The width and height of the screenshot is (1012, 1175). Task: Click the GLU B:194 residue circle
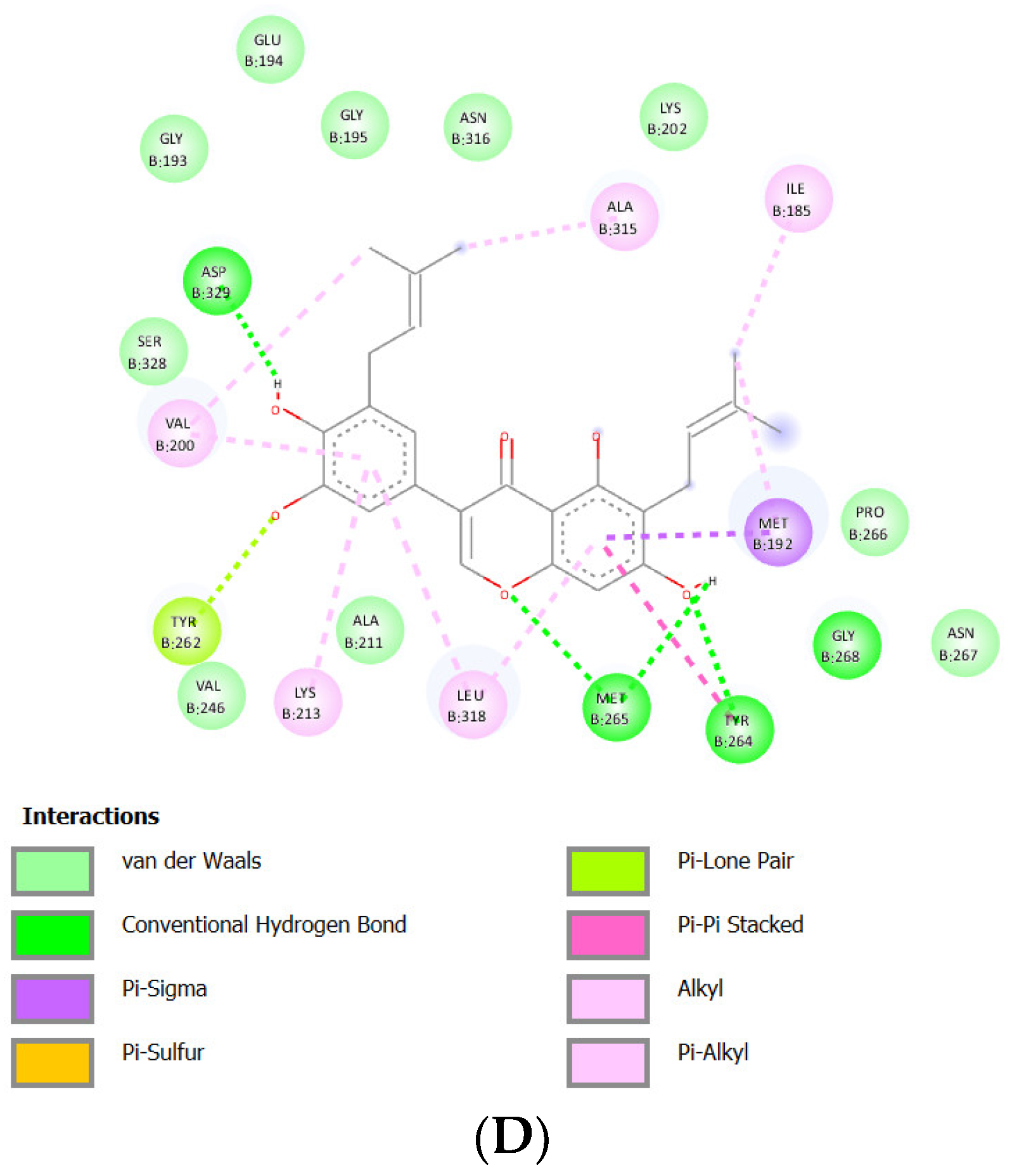point(270,50)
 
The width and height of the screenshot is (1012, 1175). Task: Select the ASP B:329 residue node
point(217,281)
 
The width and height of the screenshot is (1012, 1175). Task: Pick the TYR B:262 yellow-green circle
point(186,631)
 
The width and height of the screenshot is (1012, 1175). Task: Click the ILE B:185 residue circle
point(798,199)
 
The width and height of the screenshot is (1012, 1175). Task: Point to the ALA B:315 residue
point(624,217)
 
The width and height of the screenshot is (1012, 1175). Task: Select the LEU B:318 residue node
point(472,704)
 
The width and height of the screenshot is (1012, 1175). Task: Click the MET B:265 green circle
point(615,708)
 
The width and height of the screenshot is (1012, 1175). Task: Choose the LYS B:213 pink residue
point(307,702)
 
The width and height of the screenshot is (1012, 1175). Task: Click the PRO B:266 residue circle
point(874,523)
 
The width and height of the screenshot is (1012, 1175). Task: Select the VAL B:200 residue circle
point(181,433)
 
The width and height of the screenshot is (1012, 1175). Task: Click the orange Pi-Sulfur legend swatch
point(53,1062)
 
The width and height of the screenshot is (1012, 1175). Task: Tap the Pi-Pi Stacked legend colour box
point(608,934)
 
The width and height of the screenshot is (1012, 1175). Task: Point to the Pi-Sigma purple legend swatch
point(53,998)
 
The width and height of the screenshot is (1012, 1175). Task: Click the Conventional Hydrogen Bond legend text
point(264,925)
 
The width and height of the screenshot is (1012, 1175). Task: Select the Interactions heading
point(91,816)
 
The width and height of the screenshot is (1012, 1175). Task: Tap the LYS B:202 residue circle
point(673,117)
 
